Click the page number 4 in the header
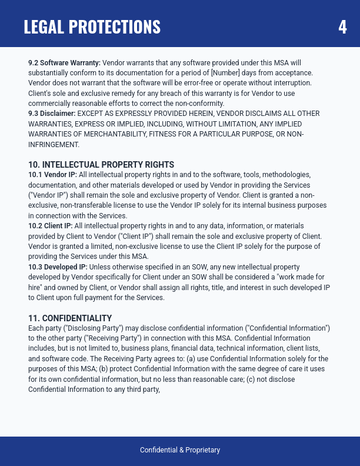[342, 27]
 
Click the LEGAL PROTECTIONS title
[92, 27]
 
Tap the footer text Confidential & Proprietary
[180, 450]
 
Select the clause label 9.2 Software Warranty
[65, 62]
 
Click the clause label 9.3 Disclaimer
[52, 113]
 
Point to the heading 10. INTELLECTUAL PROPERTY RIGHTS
[101, 164]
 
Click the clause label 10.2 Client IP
[51, 225]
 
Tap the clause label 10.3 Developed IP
[56, 267]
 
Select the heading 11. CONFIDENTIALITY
[70, 318]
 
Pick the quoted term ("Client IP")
[135, 236]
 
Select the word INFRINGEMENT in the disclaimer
[54, 144]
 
